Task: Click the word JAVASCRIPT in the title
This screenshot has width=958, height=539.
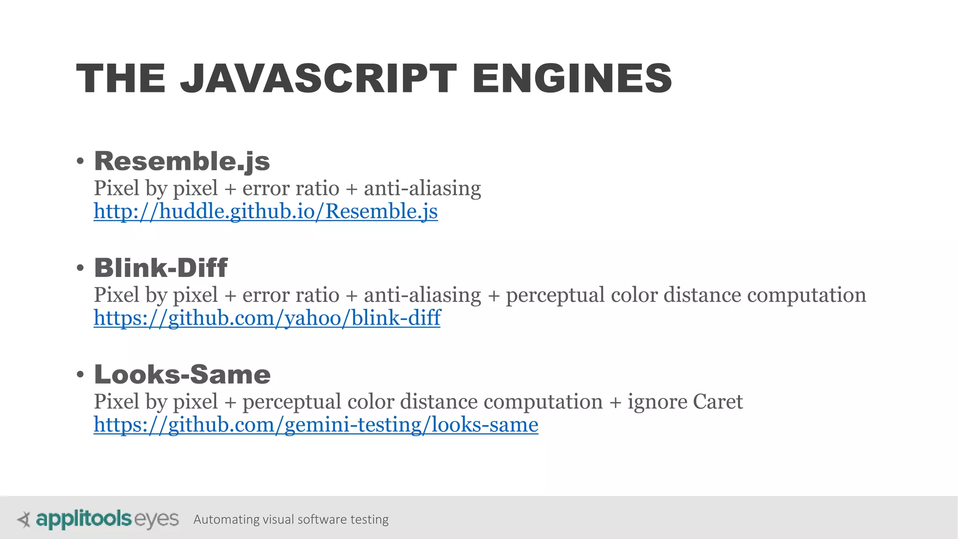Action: coord(318,78)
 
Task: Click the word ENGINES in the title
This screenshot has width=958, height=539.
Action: coord(572,78)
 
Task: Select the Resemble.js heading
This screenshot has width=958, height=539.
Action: coord(182,161)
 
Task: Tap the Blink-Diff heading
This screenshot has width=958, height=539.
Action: coord(161,268)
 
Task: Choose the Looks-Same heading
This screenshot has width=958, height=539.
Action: coord(182,375)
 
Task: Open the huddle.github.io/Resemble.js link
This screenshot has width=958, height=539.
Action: coord(266,211)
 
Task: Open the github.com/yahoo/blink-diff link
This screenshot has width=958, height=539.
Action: coord(267,318)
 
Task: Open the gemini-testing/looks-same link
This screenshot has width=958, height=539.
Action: coord(316,424)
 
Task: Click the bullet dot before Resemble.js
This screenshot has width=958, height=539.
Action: coord(80,161)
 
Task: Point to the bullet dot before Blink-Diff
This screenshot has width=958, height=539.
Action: coord(80,268)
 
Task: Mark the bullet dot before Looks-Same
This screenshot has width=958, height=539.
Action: coord(80,375)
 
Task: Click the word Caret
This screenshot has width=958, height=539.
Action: coord(718,401)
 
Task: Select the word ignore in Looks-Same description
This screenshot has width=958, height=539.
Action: coord(657,401)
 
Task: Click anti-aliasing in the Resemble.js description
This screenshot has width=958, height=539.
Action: coord(422,188)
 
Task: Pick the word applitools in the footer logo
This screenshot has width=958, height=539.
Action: coord(84,519)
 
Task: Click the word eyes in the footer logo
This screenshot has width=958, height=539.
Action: coord(157,519)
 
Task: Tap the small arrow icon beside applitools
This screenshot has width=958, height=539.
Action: coord(23,519)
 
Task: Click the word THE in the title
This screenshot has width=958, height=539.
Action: coord(121,78)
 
